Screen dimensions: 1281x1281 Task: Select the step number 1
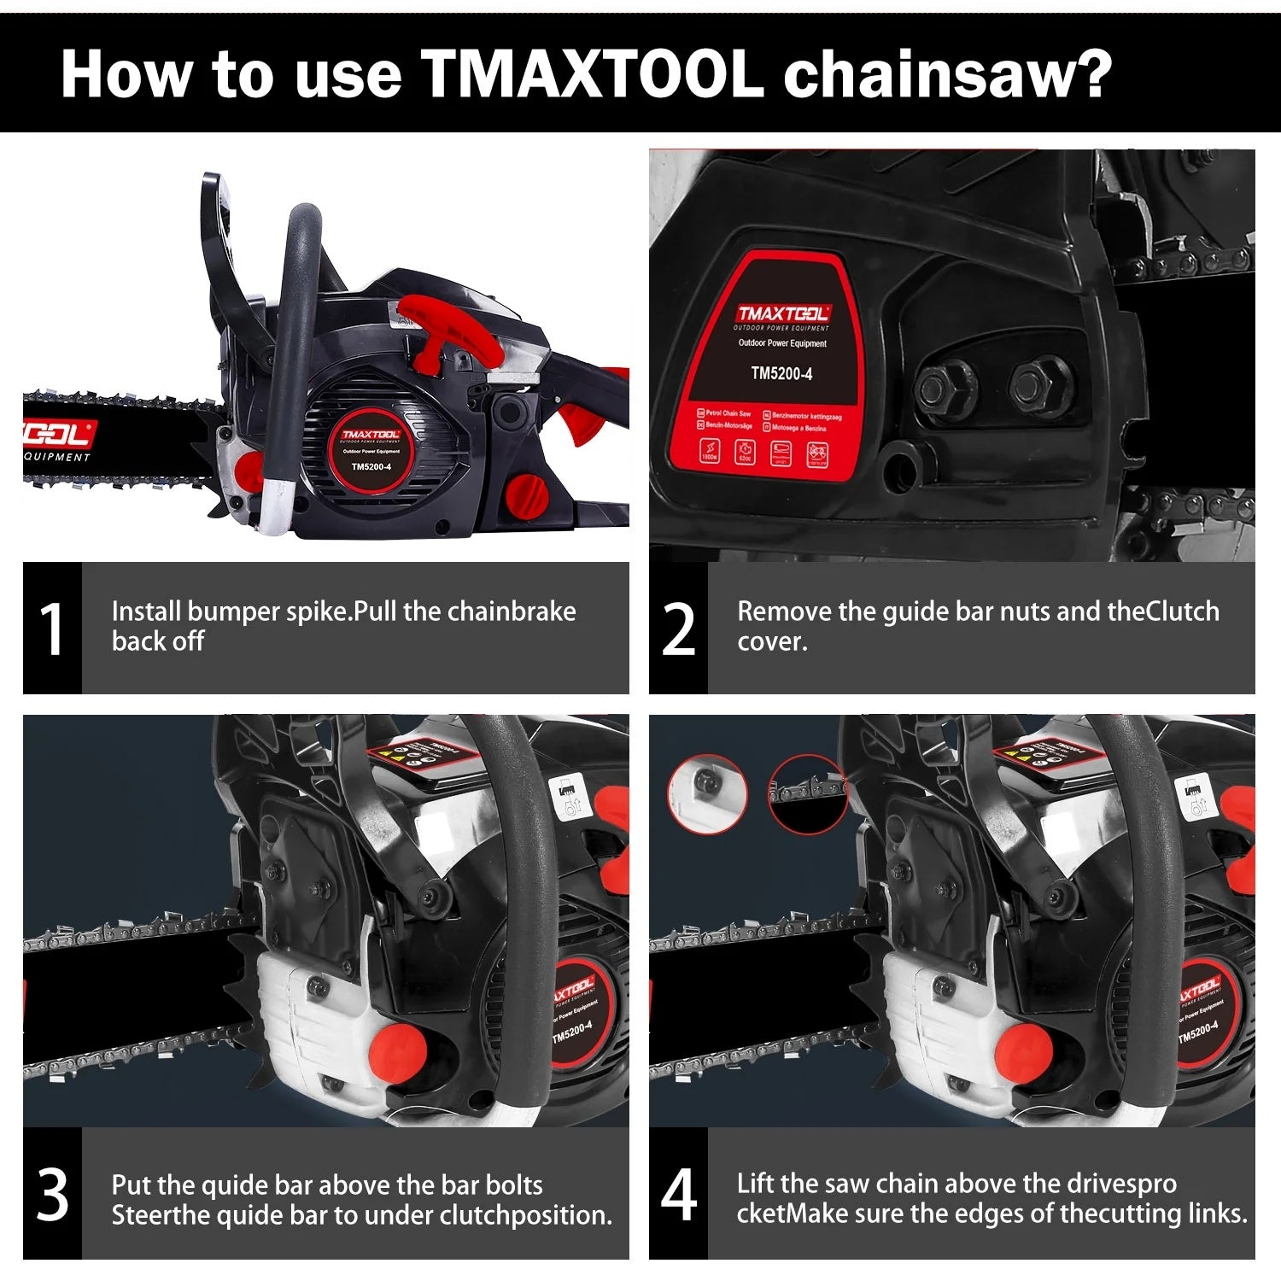pyautogui.click(x=52, y=629)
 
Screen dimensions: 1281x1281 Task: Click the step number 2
pyautogui.click(x=678, y=629)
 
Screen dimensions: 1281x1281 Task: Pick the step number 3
pyautogui.click(x=52, y=1195)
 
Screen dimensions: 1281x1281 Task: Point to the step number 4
pyautogui.click(x=678, y=1195)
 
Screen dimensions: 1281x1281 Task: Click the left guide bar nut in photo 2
pyautogui.click(x=945, y=386)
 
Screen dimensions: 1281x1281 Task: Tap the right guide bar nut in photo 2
pyautogui.click(x=1035, y=386)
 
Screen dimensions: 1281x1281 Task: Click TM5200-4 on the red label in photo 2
pyautogui.click(x=781, y=373)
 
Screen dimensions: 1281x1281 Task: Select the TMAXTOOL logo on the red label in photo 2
pyautogui.click(x=782, y=313)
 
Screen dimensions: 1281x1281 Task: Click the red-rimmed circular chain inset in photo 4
pyautogui.click(x=806, y=794)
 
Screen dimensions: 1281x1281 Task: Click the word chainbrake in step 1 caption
pyautogui.click(x=512, y=611)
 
